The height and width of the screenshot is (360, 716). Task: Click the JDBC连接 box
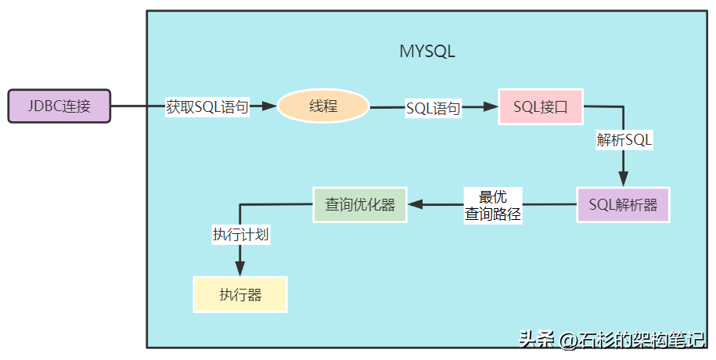59,106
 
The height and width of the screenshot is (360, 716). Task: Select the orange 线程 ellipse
323,106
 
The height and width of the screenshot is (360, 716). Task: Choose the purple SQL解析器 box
623,205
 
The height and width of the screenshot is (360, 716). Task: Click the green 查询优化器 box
360,204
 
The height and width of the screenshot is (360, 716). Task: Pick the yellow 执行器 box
240,295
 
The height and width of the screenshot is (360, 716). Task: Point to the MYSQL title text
427,52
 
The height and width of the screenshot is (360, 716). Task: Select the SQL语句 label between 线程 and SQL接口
433,108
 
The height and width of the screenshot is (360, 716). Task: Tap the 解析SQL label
624,141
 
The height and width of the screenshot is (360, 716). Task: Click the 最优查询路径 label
493,205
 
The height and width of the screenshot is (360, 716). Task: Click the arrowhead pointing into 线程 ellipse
271,106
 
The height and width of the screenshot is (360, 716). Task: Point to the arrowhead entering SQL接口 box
492,107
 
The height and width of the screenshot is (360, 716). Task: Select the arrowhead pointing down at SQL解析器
624,179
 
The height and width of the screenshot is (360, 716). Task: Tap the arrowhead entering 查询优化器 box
415,205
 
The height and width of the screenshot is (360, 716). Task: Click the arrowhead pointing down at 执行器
240,269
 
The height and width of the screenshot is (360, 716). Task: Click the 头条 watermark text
535,340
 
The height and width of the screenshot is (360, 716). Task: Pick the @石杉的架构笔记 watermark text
632,340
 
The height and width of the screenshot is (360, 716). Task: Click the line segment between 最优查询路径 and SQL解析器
550,205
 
